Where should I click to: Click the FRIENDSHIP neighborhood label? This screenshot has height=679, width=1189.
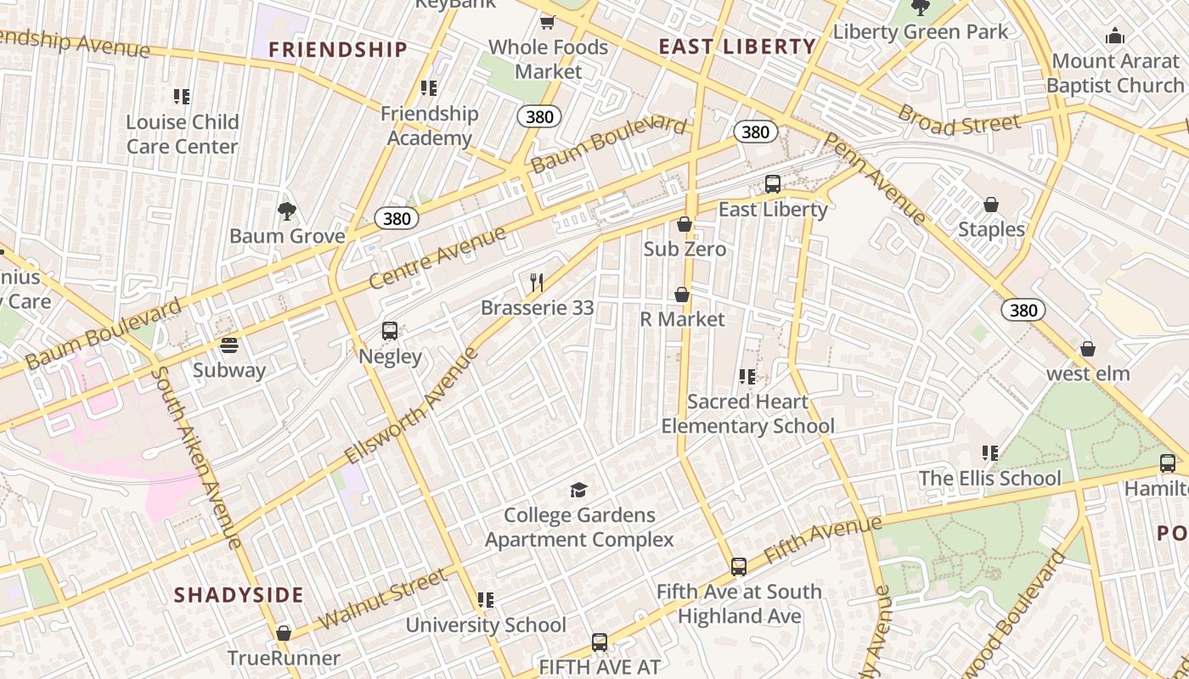coord(338,49)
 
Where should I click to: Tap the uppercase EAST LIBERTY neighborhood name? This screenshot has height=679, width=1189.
coord(737,47)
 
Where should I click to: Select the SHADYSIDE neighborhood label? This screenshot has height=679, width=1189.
coord(239,595)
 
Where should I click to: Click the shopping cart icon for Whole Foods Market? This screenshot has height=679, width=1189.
coord(548,22)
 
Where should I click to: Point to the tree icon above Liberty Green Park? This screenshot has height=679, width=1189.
coord(920,8)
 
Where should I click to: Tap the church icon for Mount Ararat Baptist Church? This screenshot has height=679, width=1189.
coord(1114,36)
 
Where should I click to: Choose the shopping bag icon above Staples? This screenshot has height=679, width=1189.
coord(990,205)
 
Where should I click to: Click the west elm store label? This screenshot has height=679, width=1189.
coord(1088,373)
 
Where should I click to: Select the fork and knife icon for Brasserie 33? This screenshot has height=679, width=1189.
coord(537,282)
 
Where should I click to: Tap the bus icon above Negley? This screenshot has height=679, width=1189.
coord(390,331)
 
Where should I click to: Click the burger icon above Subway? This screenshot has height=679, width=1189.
coord(228,345)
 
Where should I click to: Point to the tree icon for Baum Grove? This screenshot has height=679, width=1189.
coord(287,210)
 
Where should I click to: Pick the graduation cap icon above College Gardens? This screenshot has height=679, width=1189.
coord(579,490)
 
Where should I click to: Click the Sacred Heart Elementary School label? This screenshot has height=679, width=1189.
coord(747,413)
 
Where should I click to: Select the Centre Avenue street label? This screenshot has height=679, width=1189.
coord(437,257)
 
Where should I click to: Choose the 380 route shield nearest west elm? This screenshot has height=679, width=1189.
coord(1023,310)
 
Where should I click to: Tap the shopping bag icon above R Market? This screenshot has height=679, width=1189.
coord(681,295)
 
